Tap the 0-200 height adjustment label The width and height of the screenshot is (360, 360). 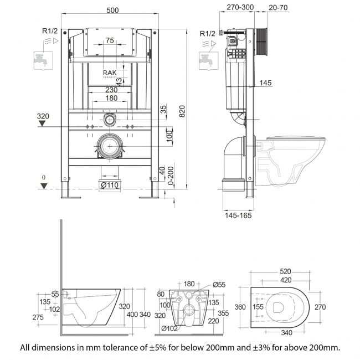tap(170, 176)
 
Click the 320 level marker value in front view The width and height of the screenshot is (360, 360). tap(44, 117)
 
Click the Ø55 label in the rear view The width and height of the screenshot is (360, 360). tap(219, 285)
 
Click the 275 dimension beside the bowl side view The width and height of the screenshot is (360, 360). tap(39, 317)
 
